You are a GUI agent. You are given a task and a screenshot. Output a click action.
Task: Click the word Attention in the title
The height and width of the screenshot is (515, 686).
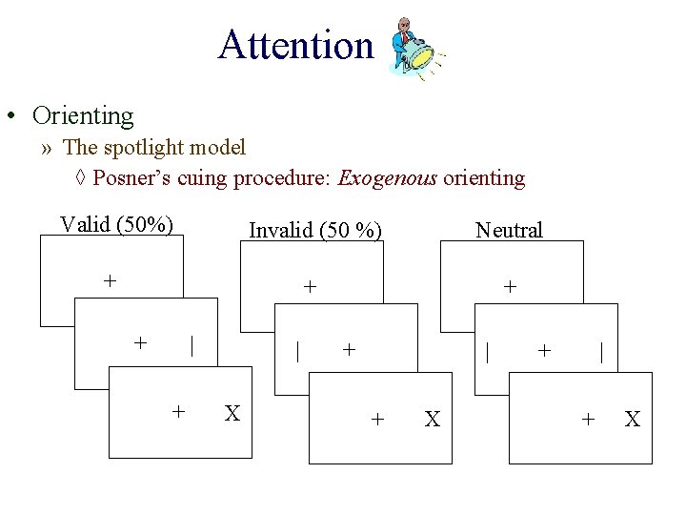295,45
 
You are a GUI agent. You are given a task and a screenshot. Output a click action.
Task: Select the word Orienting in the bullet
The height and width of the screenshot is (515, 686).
83,116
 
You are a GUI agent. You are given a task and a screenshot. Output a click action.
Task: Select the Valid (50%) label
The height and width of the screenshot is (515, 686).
116,225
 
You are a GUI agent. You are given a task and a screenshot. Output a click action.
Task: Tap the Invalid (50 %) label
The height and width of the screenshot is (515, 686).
314,230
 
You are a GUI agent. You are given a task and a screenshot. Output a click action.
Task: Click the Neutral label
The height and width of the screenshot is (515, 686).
509,230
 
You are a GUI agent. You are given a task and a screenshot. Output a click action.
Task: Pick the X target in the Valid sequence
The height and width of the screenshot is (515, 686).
232,413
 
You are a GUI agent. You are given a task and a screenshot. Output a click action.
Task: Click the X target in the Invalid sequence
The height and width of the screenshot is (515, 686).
432,419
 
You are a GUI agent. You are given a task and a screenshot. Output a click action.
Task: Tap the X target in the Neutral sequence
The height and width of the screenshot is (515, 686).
632,419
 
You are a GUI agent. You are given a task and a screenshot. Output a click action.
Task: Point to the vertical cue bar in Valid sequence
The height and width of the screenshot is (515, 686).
192,344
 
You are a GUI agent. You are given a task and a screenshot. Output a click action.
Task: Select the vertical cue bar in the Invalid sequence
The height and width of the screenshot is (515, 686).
298,350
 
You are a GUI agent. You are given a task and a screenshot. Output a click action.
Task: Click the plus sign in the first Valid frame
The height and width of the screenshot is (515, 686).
111,280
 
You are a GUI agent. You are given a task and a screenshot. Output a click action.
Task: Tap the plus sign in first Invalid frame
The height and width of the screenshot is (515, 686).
310,285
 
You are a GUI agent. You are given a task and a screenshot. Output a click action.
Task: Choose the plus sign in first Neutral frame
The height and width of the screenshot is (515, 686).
510,285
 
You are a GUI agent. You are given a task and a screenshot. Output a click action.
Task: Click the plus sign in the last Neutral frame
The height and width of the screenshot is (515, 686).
589,419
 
